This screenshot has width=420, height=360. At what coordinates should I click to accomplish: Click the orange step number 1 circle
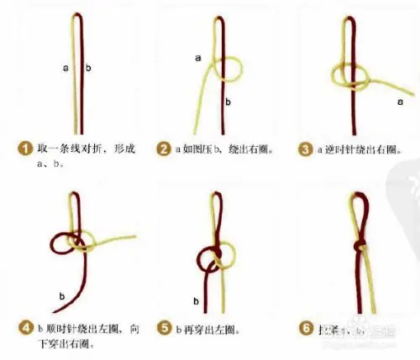(x=26, y=149)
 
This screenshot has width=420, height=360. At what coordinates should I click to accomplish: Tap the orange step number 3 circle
(x=306, y=149)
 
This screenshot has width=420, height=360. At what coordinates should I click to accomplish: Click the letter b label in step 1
(x=89, y=65)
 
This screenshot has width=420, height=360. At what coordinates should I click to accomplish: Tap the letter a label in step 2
(x=198, y=57)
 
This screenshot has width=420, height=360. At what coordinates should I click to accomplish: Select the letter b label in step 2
(x=228, y=102)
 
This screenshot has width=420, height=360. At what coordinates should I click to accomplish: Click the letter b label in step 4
(x=61, y=295)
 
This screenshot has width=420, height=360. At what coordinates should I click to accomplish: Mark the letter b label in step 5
(x=196, y=300)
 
